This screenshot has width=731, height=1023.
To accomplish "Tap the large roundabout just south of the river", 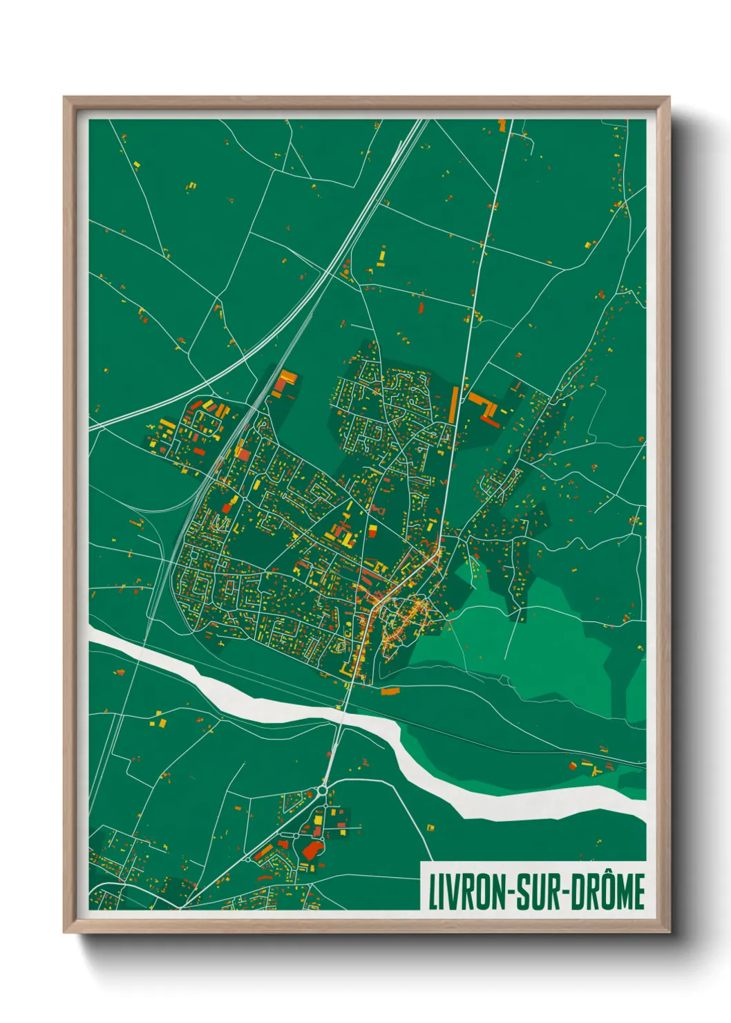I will pos(323,789).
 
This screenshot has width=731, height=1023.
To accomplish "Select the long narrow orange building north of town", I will pos(454,405).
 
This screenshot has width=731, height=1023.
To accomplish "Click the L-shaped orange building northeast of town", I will pos(484,408).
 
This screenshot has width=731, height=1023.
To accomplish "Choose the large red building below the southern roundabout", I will pos(312,850).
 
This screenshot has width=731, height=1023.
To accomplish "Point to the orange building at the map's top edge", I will pos(502,125).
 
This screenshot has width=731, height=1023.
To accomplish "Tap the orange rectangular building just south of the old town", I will pos(390,690).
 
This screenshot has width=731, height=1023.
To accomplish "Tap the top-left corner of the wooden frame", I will pos(65,98).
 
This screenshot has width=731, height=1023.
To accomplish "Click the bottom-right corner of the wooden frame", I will pos(669,932).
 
